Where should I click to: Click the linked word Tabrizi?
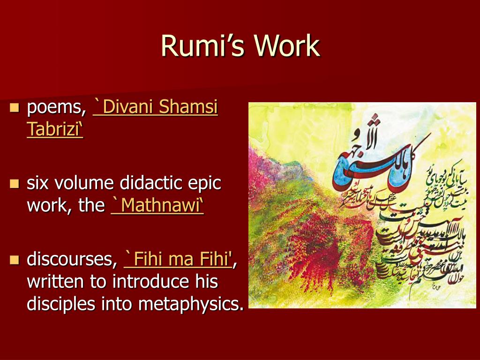click(x=54, y=129)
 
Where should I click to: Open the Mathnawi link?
click(x=157, y=205)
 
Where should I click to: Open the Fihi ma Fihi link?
click(x=178, y=259)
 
